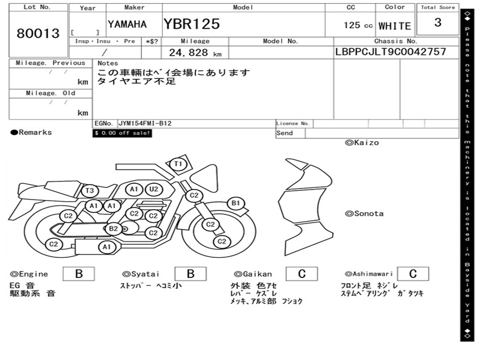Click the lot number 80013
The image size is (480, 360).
38,33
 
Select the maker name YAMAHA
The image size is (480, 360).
127,24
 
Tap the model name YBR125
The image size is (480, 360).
192,24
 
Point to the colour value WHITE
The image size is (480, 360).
395,26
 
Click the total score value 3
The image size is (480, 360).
438,22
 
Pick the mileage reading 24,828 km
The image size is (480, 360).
195,52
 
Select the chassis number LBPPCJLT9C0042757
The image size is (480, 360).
390,52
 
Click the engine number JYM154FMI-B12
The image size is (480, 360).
145,123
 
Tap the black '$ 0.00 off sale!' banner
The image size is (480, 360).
122,133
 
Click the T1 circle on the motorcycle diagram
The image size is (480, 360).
178,164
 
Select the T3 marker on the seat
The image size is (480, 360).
90,191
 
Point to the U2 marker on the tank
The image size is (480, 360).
153,189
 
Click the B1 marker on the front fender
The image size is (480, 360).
235,203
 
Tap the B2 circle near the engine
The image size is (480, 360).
113,228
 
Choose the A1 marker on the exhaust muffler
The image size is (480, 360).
106,247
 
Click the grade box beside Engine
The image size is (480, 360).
79,274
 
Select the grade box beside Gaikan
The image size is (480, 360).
302,274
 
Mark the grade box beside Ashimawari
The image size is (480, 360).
413,274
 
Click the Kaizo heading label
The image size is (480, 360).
362,142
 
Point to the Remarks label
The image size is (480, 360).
31,132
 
